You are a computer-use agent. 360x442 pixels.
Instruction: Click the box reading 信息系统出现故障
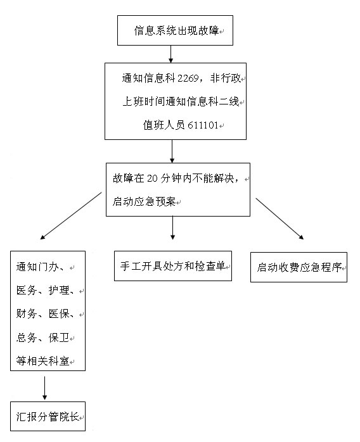coord(175,30)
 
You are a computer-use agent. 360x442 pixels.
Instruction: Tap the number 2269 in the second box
coord(188,78)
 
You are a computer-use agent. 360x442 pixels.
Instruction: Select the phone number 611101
coord(203,125)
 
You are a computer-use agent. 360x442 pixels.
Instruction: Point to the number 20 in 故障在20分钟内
coord(152,178)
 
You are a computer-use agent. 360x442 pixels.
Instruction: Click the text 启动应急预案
coord(144,201)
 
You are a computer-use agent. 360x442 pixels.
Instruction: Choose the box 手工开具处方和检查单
coord(173,266)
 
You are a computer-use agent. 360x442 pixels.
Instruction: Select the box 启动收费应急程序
coord(299,267)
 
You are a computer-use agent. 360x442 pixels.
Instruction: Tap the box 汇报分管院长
coord(48,416)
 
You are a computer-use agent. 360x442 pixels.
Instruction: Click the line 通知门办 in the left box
coord(41,267)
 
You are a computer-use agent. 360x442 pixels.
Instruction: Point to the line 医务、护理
coord(45,290)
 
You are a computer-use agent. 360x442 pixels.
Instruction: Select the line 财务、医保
coord(45,313)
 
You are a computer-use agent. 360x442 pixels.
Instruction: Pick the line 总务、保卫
coord(42,338)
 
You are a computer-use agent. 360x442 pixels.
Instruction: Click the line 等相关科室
coord(42,361)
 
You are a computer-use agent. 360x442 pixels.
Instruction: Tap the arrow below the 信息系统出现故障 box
coord(170,54)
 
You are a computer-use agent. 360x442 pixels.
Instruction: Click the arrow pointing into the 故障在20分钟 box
coord(172,151)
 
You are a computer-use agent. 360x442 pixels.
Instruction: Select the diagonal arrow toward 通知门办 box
coord(71,216)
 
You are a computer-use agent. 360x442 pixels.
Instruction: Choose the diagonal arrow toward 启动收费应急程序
coord(280,218)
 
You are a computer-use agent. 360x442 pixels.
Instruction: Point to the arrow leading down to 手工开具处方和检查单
coord(172,228)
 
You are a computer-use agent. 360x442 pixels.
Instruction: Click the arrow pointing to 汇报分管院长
coord(44,388)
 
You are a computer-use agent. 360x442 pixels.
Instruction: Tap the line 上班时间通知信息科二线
coord(181,101)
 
